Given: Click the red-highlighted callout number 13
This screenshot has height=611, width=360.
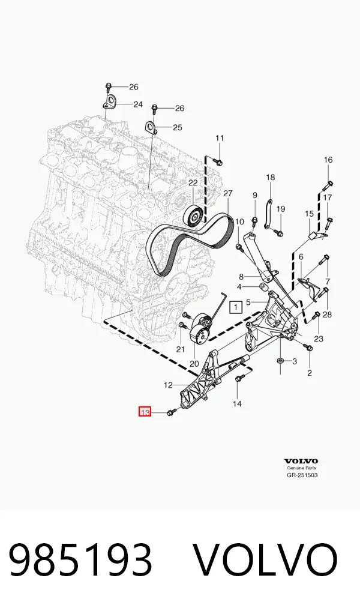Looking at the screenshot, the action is (x=145, y=412).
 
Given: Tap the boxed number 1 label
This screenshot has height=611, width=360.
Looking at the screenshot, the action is (x=235, y=307).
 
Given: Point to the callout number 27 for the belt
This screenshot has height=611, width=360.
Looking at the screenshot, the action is (x=227, y=193).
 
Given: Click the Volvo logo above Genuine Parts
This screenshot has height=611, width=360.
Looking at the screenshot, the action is (x=301, y=462).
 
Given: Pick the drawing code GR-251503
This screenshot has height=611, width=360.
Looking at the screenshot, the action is (x=302, y=475).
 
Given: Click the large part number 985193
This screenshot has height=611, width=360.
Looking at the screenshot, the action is (x=80, y=561).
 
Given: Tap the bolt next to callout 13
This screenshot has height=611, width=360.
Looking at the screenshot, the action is (x=171, y=412).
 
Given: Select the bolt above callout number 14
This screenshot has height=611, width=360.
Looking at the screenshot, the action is (x=239, y=377).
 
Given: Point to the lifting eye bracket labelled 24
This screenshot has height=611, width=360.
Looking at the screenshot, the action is (x=110, y=102).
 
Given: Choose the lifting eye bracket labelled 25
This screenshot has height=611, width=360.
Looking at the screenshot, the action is (x=152, y=128).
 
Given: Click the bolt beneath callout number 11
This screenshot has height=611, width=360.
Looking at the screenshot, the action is (x=219, y=161).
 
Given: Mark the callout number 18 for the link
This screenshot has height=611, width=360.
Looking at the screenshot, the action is (x=271, y=177).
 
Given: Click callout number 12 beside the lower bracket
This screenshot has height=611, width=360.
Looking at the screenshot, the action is (x=168, y=385).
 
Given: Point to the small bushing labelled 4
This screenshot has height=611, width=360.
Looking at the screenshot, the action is (x=263, y=287).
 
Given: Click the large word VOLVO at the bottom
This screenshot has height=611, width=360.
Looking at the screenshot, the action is (x=266, y=561).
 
